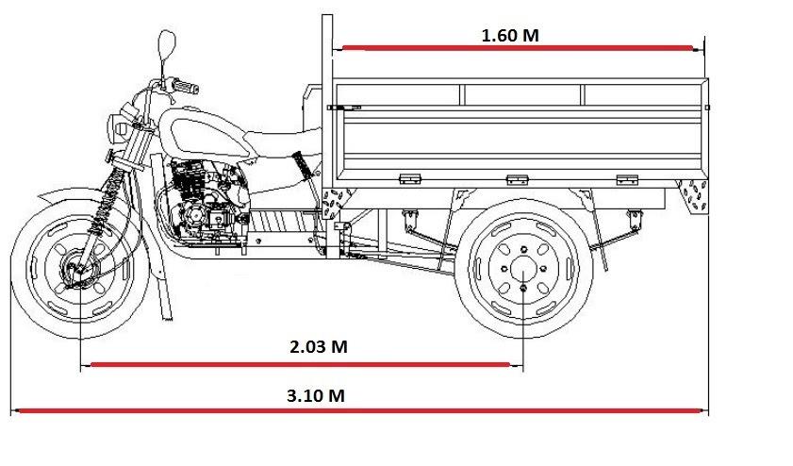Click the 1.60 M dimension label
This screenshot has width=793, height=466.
510,36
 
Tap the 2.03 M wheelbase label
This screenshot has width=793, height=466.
318,346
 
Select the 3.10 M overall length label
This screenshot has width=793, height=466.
315,395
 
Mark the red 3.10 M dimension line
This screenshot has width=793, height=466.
358,410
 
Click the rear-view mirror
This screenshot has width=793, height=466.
167,43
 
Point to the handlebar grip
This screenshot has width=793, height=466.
185,88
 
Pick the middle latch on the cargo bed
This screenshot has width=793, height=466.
516,179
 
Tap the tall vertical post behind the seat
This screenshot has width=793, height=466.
327,123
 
